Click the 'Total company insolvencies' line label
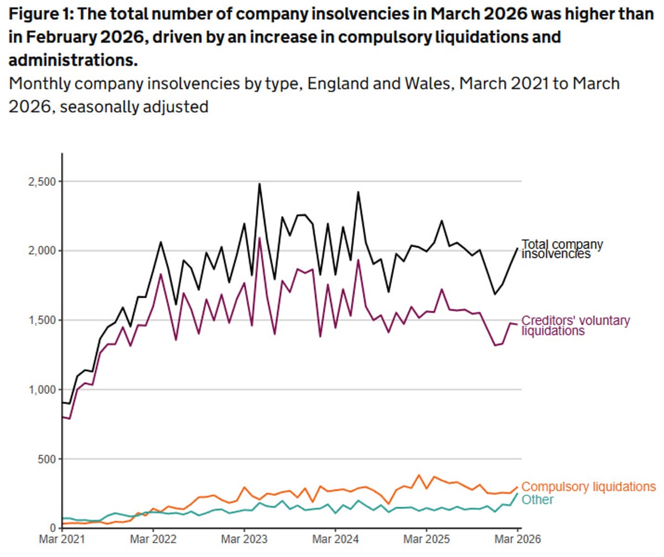click(x=562, y=248)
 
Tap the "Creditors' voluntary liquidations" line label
click(x=575, y=325)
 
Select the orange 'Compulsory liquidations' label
click(x=589, y=487)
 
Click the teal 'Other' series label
click(x=538, y=499)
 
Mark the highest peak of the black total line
click(x=260, y=184)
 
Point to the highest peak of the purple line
click(x=260, y=238)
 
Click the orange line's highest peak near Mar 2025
click(x=419, y=475)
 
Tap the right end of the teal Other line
click(x=518, y=493)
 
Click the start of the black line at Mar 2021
click(x=63, y=403)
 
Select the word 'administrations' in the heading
click(x=72, y=60)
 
